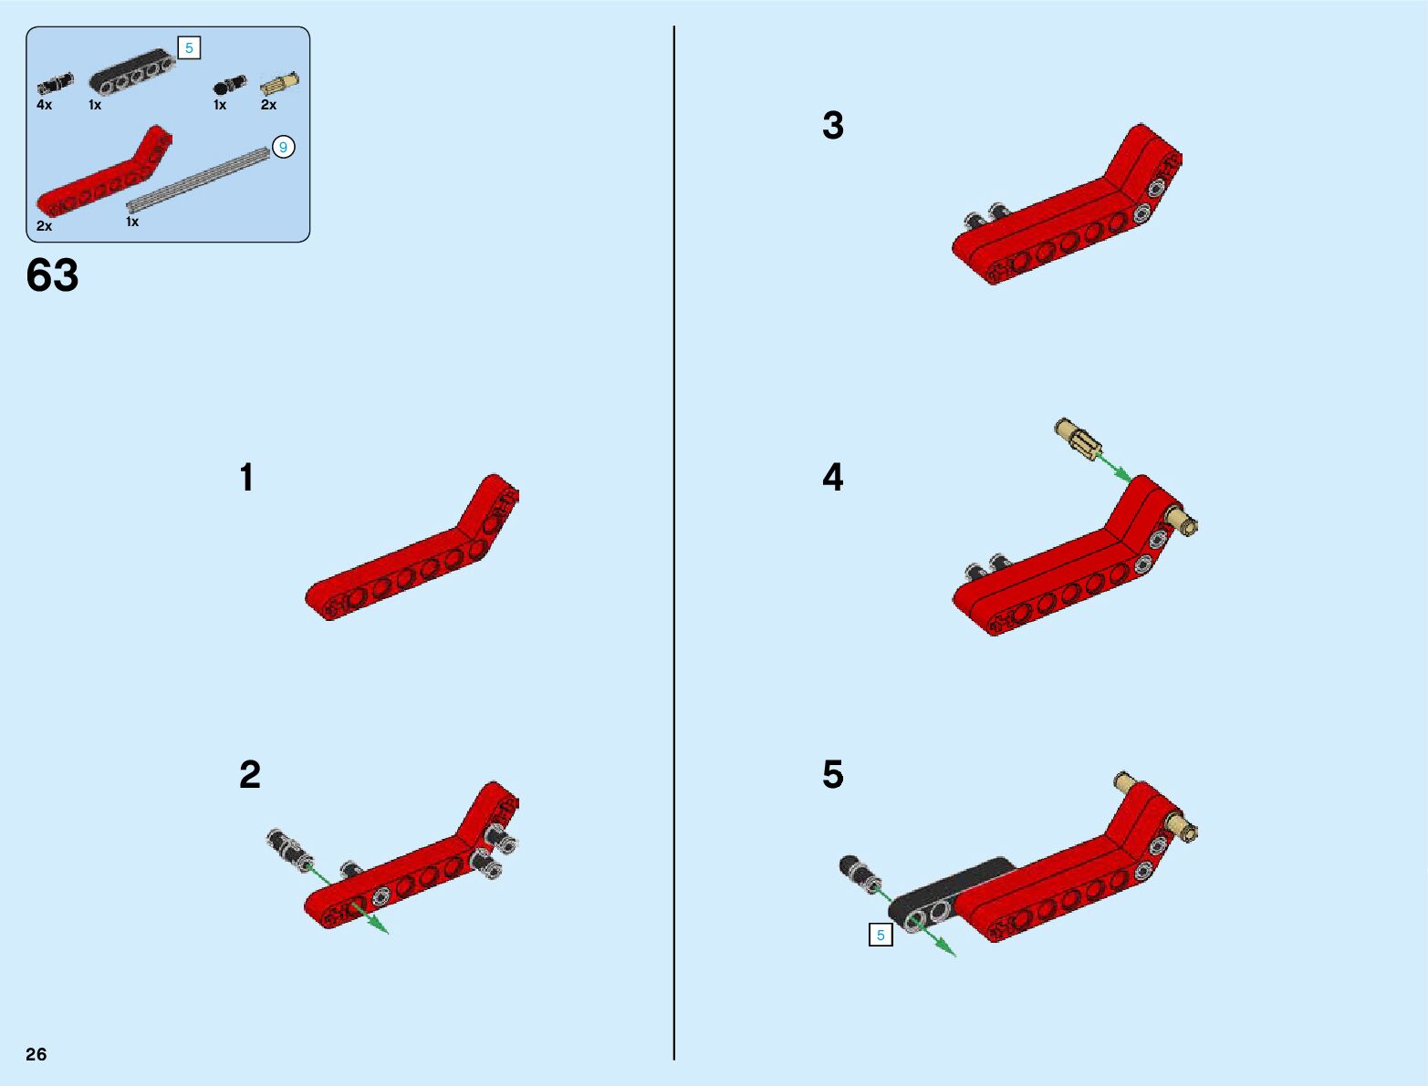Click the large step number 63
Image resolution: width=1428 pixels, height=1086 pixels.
click(52, 274)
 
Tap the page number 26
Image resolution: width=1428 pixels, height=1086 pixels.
click(36, 1054)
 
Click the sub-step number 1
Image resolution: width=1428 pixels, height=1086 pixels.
click(246, 478)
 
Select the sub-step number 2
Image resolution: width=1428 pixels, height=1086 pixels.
click(250, 775)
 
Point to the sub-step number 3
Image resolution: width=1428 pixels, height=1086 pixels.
click(833, 126)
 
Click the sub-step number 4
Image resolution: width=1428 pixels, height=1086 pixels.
click(833, 478)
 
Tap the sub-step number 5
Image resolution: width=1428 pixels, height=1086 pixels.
click(833, 775)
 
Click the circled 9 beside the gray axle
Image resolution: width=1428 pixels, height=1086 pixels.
click(283, 148)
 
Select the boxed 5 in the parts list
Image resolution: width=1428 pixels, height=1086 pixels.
click(189, 48)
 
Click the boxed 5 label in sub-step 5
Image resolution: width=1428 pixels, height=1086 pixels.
click(881, 936)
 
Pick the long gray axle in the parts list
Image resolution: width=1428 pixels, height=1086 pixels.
click(198, 181)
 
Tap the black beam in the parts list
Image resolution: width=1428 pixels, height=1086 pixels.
click(132, 70)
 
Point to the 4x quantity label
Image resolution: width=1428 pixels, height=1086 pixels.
click(44, 105)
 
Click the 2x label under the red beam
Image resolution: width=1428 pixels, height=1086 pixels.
click(44, 226)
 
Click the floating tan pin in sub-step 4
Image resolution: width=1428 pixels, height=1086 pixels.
click(1078, 440)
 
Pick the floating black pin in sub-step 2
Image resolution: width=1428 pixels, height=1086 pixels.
click(289, 850)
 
